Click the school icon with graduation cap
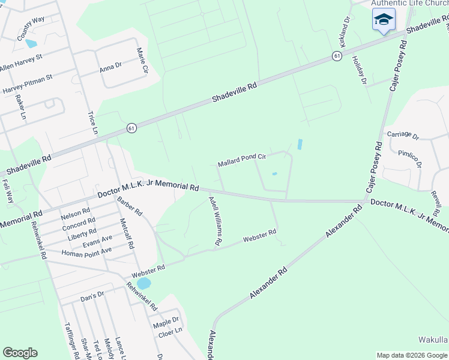pos(384,20)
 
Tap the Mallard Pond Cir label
pos(242,160)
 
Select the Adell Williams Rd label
pos(215,221)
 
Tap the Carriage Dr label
pos(403,134)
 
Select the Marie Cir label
pos(143,61)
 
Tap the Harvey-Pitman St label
pos(28,84)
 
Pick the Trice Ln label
pos(92,122)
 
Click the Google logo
pos(20,353)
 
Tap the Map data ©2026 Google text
pos(412,355)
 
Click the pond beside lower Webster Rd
pos(144,283)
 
